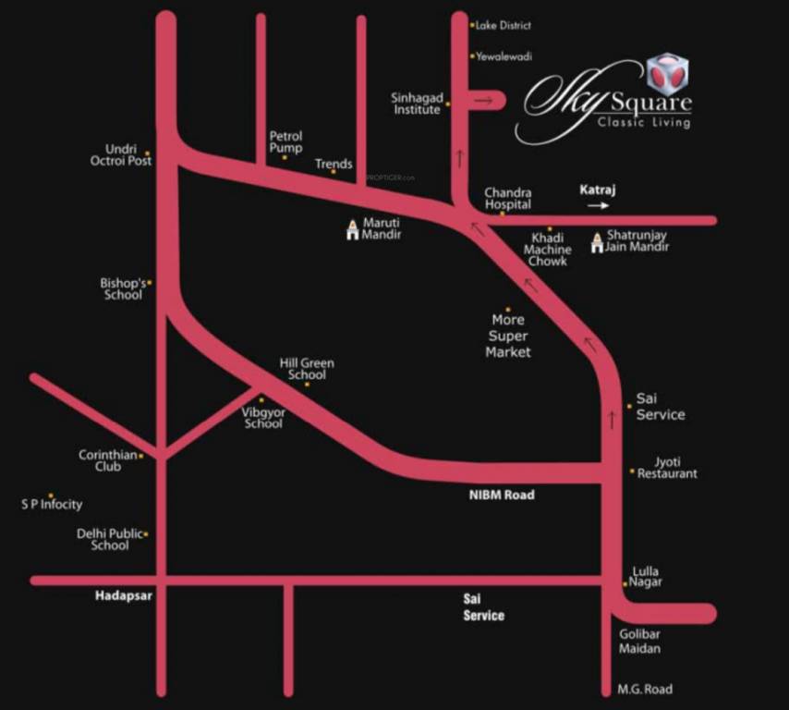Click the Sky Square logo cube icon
667,74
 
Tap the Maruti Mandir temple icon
351,230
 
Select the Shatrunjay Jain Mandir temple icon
596,242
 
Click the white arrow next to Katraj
598,206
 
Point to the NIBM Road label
501,496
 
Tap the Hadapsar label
123,596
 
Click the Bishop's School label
122,288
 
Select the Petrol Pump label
285,141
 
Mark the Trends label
334,164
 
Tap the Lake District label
503,26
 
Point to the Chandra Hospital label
508,199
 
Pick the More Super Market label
508,337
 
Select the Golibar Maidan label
638,641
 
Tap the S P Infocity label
52,505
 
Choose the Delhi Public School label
110,539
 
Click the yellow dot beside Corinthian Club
141,455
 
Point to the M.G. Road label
644,690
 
